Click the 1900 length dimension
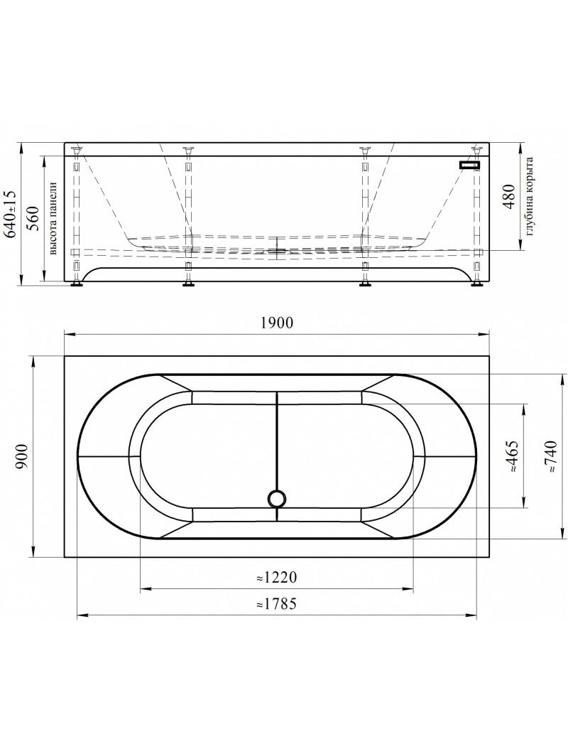click(277, 323)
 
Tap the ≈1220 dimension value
click(276, 578)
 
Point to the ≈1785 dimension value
click(276, 603)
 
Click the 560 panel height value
click(32, 219)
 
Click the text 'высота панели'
click(53, 218)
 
